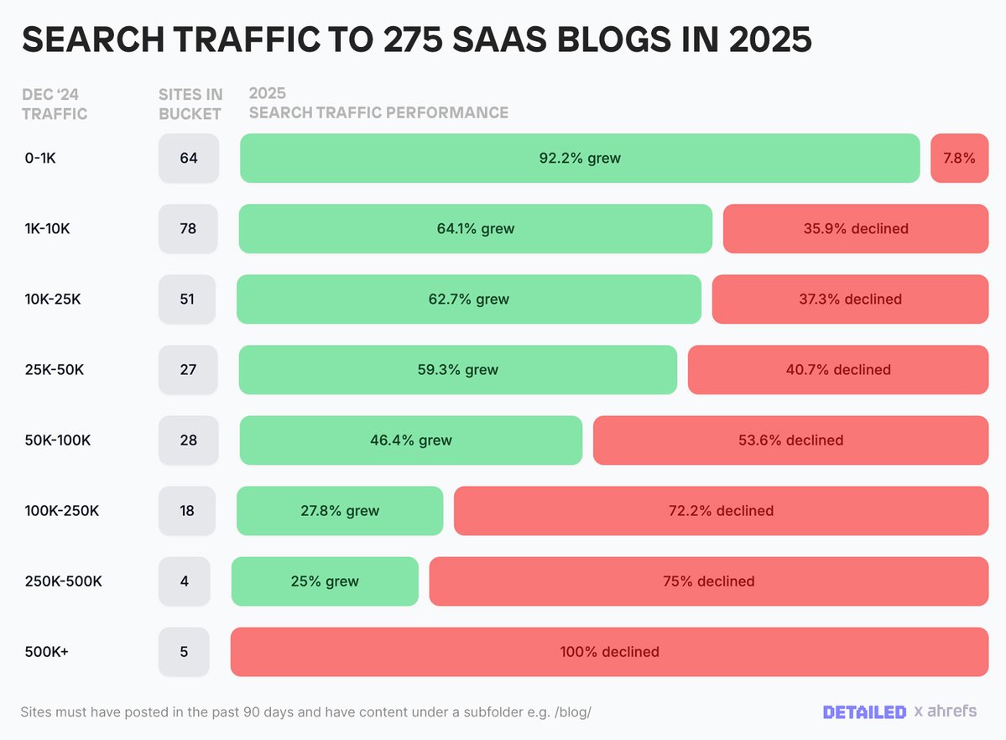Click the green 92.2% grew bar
tap(580, 158)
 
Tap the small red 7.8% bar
tap(959, 158)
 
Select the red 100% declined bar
tap(609, 651)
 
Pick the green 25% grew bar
tap(325, 581)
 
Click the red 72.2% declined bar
tap(721, 510)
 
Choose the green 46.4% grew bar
tap(411, 440)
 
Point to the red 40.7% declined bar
tap(837, 369)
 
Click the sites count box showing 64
tap(189, 158)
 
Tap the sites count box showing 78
tap(188, 228)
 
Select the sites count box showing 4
tap(184, 581)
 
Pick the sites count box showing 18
tap(187, 510)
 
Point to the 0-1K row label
tap(40, 158)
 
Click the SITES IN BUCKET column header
tap(190, 104)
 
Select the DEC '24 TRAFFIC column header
tap(55, 104)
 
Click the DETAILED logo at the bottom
tap(864, 711)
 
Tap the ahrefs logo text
tap(951, 711)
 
